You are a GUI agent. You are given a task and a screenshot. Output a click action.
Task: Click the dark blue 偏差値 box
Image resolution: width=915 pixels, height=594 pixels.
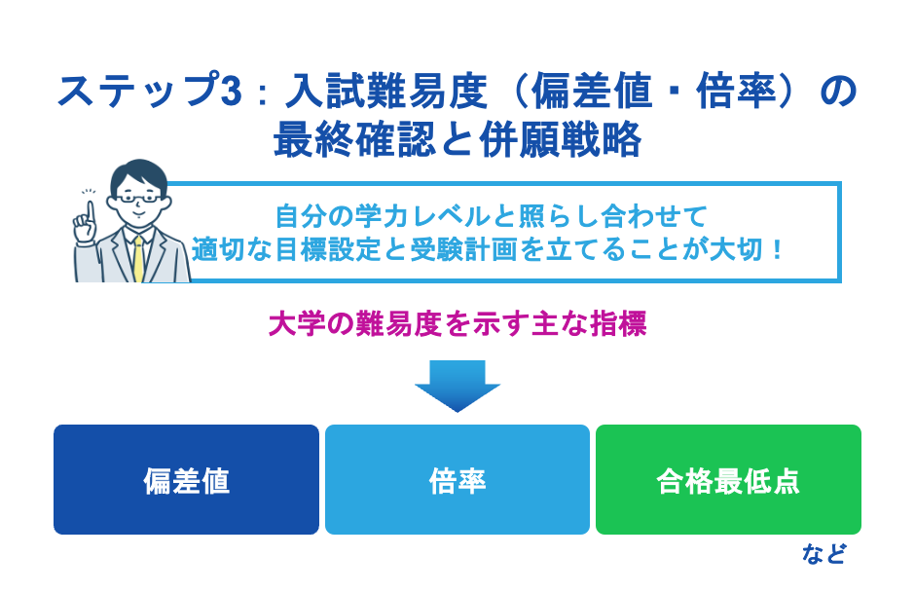coord(186,480)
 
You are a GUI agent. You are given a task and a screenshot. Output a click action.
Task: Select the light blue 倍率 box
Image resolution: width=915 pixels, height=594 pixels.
coord(457,480)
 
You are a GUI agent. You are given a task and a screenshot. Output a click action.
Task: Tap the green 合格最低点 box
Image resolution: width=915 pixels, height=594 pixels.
coord(728,480)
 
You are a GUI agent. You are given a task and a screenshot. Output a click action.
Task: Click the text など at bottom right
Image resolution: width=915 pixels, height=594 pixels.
coord(823,555)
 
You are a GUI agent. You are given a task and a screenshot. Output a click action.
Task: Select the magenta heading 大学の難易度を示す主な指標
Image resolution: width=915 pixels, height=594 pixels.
coord(457,324)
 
